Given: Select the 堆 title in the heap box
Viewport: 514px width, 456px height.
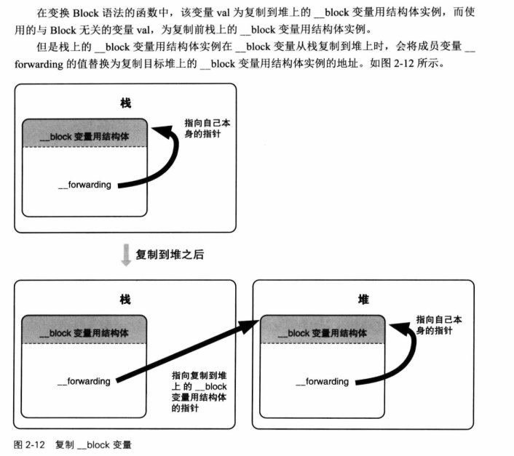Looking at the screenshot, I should tap(363, 299).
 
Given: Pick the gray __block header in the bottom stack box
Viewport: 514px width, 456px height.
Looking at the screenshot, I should tap(85, 332).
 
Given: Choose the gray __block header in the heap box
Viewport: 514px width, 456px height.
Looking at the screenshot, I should tap(323, 333).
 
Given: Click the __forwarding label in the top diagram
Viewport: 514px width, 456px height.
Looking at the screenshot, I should tap(84, 185).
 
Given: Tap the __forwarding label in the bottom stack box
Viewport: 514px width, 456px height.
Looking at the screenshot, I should tap(84, 380).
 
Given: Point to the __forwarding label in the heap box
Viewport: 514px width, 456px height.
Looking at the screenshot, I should tap(322, 381).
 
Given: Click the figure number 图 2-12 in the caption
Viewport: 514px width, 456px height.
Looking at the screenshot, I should tap(30, 444).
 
